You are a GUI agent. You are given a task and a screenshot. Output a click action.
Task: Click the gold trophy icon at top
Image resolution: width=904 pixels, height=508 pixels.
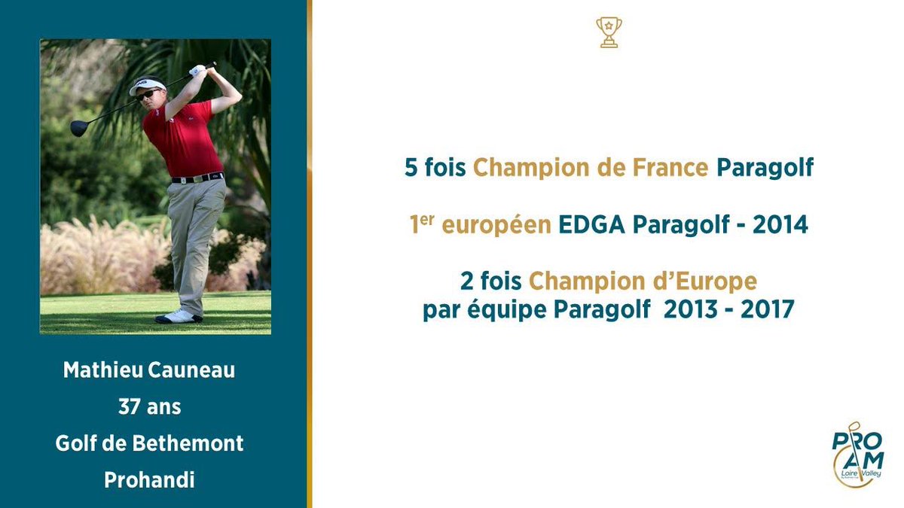coord(609,32)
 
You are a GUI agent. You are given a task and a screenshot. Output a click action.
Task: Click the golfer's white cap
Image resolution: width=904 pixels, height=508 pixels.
coord(147,86)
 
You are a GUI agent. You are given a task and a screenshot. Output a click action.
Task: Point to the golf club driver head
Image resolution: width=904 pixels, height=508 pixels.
coord(79,128)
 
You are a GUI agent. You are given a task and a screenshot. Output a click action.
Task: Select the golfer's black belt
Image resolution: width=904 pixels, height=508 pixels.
coord(197,178)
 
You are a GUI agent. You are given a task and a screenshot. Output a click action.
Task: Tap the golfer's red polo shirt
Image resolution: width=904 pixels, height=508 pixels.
coord(191,139)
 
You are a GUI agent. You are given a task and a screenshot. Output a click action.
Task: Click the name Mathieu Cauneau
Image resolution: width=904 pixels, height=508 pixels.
coord(148,370)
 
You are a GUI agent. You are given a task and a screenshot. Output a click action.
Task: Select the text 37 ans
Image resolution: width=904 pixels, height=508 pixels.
coord(149,407)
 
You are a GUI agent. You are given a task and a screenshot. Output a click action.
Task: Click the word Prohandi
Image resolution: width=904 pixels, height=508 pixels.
coord(149,480)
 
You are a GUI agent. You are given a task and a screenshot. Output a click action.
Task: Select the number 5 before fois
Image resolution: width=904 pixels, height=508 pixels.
coord(411,167)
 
